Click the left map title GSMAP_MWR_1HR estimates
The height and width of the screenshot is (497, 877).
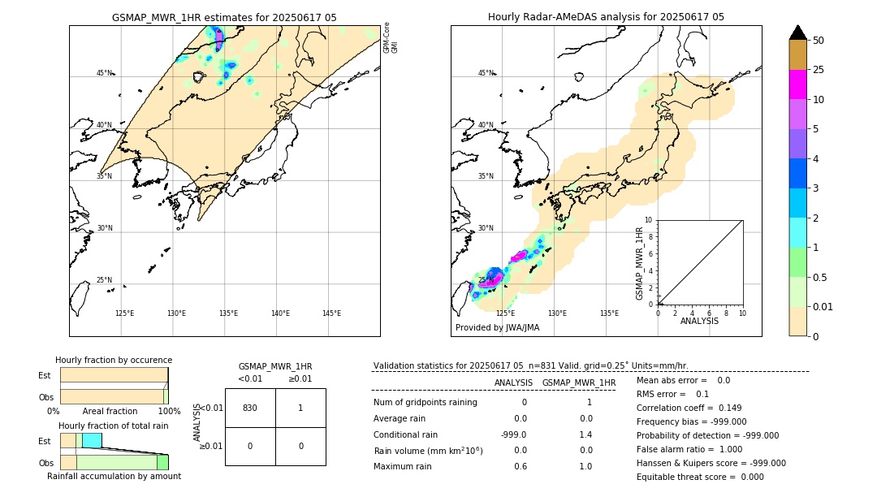pyautogui.click(x=224, y=17)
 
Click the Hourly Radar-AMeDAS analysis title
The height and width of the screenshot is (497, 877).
pyautogui.click(x=606, y=17)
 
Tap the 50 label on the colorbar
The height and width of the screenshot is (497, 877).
pyautogui.click(x=819, y=41)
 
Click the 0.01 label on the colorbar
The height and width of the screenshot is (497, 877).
pyautogui.click(x=823, y=307)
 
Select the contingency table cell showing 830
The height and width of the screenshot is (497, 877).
pyautogui.click(x=250, y=408)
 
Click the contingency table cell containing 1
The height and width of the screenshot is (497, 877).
pyautogui.click(x=300, y=408)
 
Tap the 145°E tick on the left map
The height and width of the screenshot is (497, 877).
pyautogui.click(x=331, y=313)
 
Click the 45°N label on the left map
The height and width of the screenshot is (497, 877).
pyautogui.click(x=105, y=73)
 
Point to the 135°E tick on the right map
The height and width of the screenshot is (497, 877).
pyautogui.click(x=609, y=313)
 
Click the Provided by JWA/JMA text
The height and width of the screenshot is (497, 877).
pyautogui.click(x=497, y=327)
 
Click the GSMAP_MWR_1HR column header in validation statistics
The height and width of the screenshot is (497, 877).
pyautogui.click(x=579, y=382)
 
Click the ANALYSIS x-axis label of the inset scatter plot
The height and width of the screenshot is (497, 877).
pyautogui.click(x=699, y=321)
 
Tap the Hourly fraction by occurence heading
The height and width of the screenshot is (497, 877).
pyautogui.click(x=114, y=360)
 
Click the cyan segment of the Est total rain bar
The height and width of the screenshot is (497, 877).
pyautogui.click(x=92, y=440)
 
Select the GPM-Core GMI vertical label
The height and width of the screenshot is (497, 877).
pyautogui.click(x=391, y=37)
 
